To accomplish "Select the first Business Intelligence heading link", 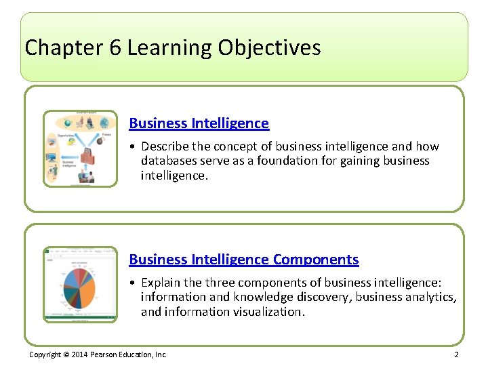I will click(x=199, y=123).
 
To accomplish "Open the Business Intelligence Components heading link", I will click(x=243, y=260).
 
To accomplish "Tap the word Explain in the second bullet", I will click(x=161, y=283).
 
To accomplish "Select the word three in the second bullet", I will click(x=220, y=283).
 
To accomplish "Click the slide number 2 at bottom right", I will click(x=456, y=354).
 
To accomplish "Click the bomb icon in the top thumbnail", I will click(x=100, y=142).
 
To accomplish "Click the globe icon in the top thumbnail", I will click(x=104, y=123).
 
